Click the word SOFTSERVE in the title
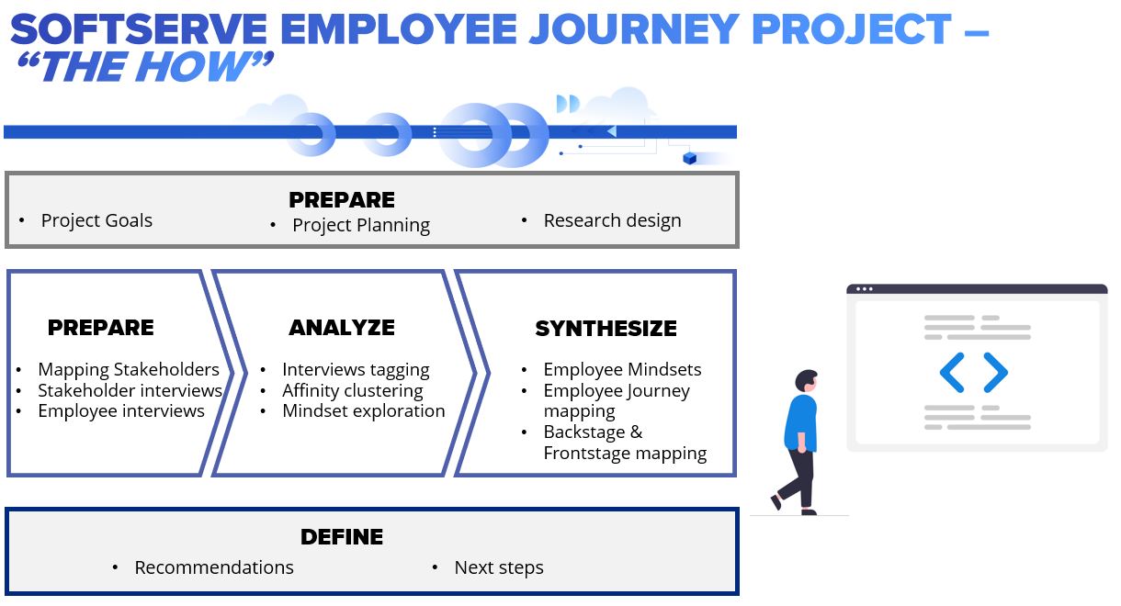tap(139, 29)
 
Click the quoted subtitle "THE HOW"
tap(145, 66)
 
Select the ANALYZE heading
tap(342, 328)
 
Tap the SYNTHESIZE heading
tap(606, 329)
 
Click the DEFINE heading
tap(342, 536)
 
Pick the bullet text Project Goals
tap(96, 220)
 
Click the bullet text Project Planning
tap(361, 225)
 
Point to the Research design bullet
tap(613, 220)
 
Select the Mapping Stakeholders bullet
tap(129, 369)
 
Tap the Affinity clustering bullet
tap(352, 390)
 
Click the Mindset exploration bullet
tap(363, 411)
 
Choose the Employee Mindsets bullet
tap(623, 369)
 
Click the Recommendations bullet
tap(214, 567)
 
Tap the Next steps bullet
tap(499, 568)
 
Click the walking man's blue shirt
tap(800, 422)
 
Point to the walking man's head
tap(806, 381)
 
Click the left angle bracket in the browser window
tap(952, 373)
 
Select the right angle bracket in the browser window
tap(996, 373)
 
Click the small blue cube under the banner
tap(690, 159)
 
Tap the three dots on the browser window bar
tap(865, 289)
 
